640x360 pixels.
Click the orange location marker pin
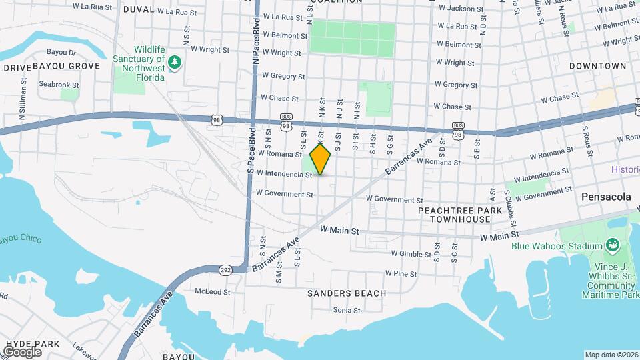321,158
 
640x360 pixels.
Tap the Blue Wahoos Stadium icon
611,246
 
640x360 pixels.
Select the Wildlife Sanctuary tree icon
175,62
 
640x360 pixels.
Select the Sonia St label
346,310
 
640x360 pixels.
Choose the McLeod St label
212,292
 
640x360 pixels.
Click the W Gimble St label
411,253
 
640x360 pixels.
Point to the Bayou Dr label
63,52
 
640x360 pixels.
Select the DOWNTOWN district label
598,66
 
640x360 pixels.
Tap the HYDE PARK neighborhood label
32,344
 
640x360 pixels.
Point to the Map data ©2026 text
611,355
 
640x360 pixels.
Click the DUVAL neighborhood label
139,10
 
